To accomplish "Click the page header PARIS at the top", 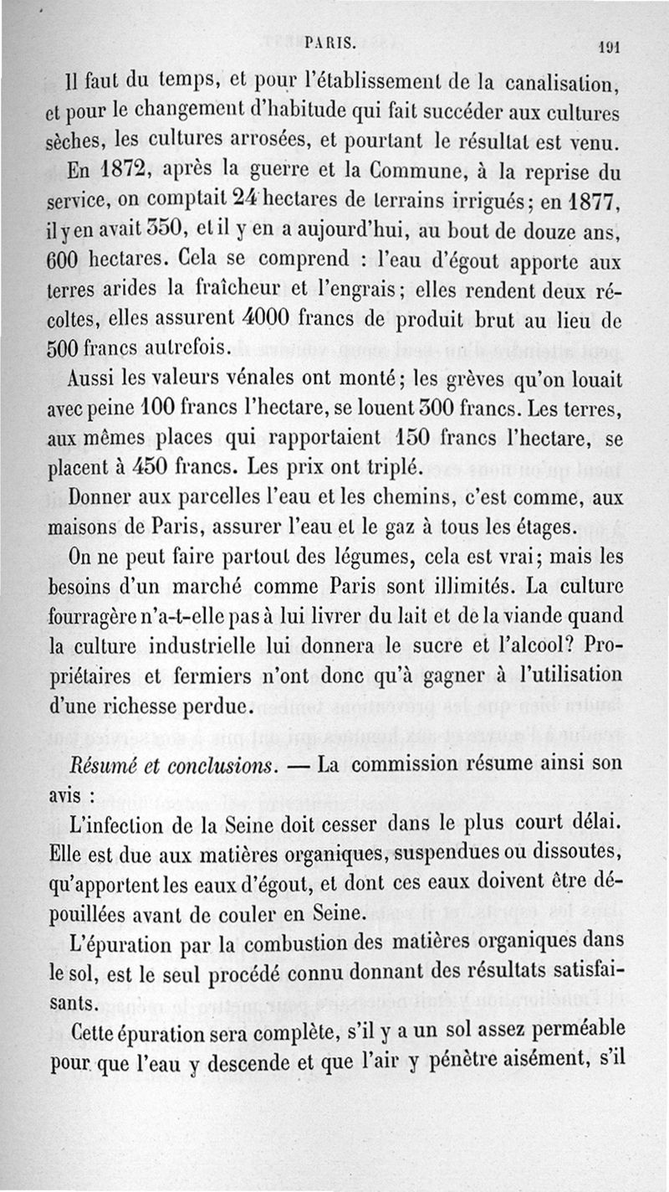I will [x=333, y=40].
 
